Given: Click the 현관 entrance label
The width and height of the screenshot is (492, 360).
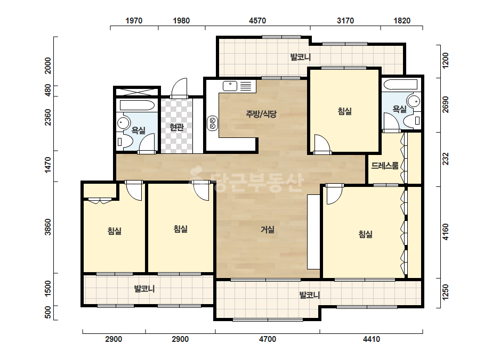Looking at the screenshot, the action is [176, 127].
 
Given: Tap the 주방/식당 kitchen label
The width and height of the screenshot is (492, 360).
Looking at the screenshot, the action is [261, 114].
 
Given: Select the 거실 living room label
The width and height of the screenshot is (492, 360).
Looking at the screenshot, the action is [268, 230].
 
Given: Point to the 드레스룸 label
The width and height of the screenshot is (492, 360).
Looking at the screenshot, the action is [385, 166].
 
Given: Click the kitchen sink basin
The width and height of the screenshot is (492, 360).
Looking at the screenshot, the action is [230, 86].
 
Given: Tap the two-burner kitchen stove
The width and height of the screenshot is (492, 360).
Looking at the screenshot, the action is [213, 123].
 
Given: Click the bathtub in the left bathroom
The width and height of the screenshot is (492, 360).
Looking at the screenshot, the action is [138, 105].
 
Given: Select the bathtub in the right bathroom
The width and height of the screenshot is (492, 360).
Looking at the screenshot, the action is [401, 84].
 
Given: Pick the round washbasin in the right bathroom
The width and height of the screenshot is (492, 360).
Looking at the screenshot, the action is [414, 101].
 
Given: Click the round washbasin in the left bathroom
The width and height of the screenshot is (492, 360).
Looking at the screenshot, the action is [123, 123].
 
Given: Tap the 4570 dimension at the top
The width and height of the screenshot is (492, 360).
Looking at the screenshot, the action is [257, 21].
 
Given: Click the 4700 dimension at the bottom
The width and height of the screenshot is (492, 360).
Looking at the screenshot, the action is [268, 339].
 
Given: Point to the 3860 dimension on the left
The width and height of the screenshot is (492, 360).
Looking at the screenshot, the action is [47, 227].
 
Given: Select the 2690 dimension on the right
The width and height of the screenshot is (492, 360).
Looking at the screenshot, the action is [446, 105].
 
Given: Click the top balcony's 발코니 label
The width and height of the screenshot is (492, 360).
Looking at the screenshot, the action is [300, 57].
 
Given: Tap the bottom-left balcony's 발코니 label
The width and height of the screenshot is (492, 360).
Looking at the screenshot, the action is [144, 289].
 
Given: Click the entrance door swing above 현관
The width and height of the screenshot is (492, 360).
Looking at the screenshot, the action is [179, 88].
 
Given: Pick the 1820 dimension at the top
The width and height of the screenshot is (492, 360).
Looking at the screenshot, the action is [401, 21].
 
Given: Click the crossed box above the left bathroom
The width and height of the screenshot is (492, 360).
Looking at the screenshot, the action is [137, 92].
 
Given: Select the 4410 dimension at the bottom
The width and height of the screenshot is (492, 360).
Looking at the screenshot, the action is [372, 339].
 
